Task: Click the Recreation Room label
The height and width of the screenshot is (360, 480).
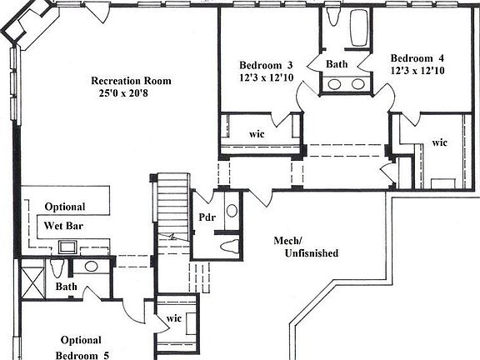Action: [x=132, y=81]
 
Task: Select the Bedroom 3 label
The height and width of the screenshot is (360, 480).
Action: [x=266, y=65]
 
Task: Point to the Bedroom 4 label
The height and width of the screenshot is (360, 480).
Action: [x=417, y=57]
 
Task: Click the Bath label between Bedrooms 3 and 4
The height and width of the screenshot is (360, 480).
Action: [x=337, y=63]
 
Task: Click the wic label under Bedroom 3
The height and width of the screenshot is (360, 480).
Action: [x=257, y=133]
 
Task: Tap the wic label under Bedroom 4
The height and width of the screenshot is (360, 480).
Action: [x=439, y=142]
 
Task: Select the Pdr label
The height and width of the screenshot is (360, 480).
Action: [x=207, y=218]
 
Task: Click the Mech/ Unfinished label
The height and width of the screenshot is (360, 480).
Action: [x=305, y=246]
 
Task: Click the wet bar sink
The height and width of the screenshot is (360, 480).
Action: [x=67, y=247]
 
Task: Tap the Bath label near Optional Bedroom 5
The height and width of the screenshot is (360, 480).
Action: [x=66, y=287]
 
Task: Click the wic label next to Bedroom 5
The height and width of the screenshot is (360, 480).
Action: [x=173, y=317]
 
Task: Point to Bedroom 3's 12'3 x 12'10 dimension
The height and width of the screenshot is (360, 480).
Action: [x=266, y=78]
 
